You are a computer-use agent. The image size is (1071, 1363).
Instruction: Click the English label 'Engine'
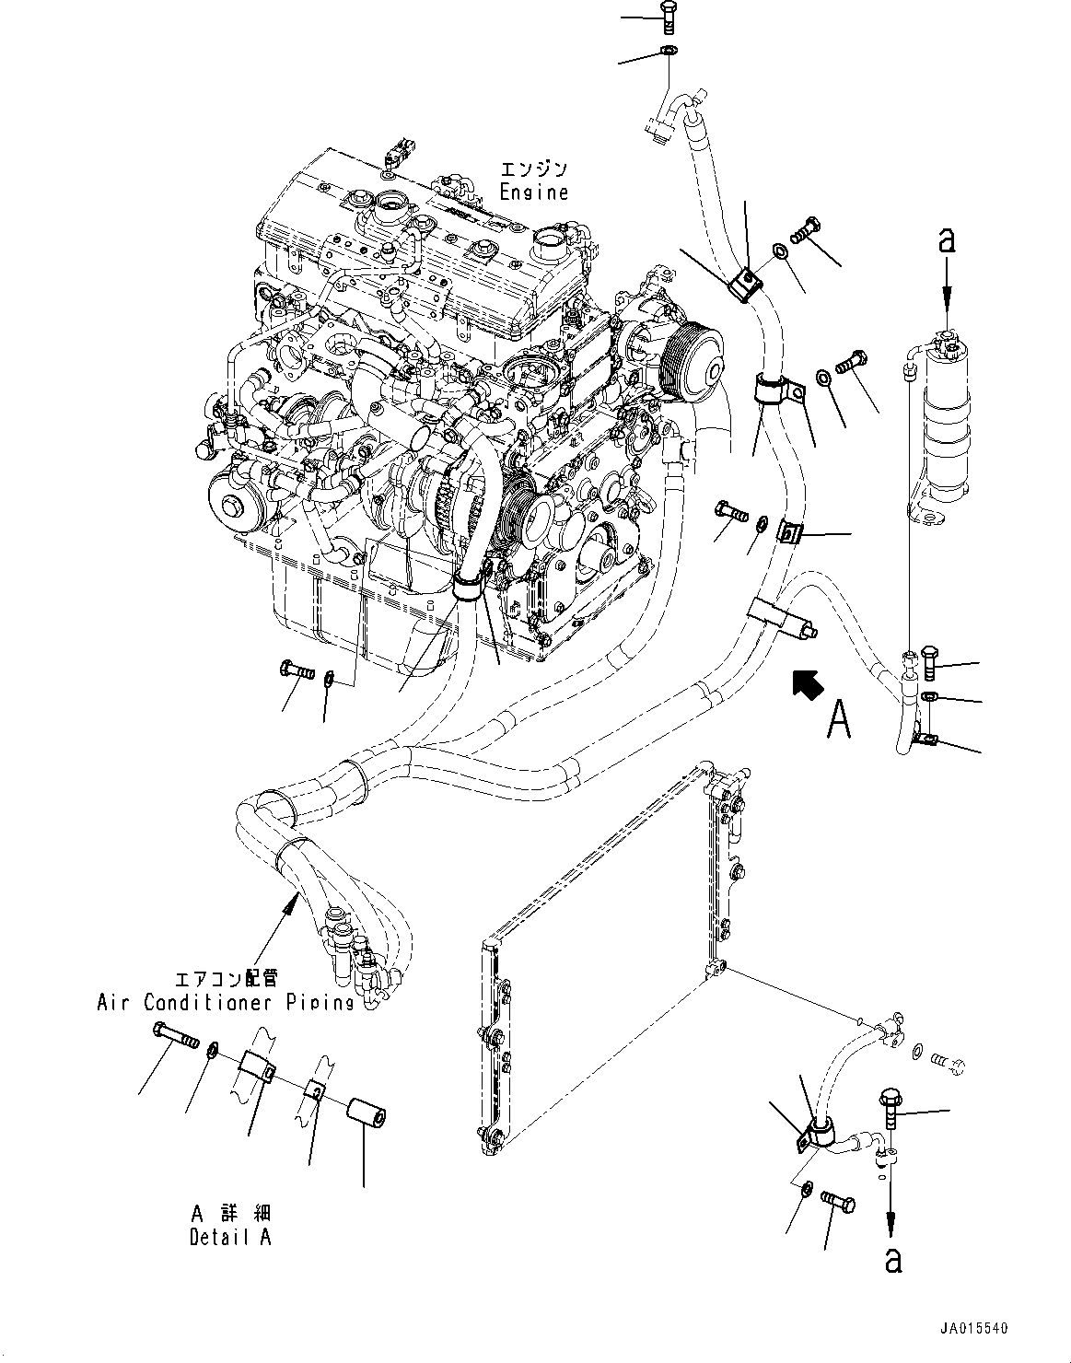click(x=533, y=192)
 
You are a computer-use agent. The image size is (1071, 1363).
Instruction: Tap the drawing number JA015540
click(x=973, y=1329)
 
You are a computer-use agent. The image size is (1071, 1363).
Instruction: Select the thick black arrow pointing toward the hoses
click(x=807, y=686)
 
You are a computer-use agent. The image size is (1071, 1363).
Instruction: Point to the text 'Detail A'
click(x=230, y=1237)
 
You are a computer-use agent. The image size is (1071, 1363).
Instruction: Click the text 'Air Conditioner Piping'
click(x=226, y=1002)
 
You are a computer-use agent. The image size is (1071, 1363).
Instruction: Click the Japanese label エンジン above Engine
click(x=533, y=170)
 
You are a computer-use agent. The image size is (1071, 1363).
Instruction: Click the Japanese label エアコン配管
click(x=226, y=979)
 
